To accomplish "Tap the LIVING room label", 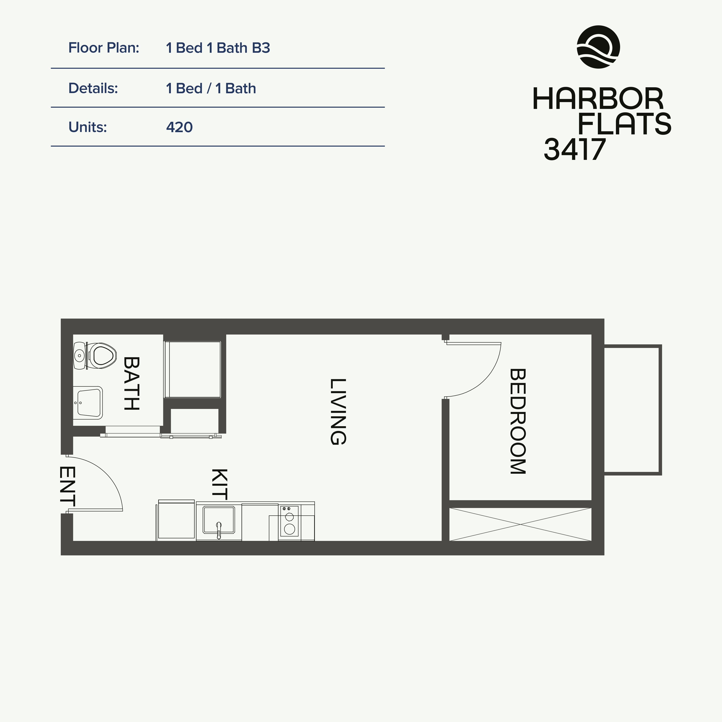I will click(338, 412).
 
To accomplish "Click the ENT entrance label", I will click(68, 486).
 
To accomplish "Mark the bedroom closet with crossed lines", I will click(520, 524).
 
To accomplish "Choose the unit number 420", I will click(179, 127).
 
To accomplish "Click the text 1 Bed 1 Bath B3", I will click(218, 48).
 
